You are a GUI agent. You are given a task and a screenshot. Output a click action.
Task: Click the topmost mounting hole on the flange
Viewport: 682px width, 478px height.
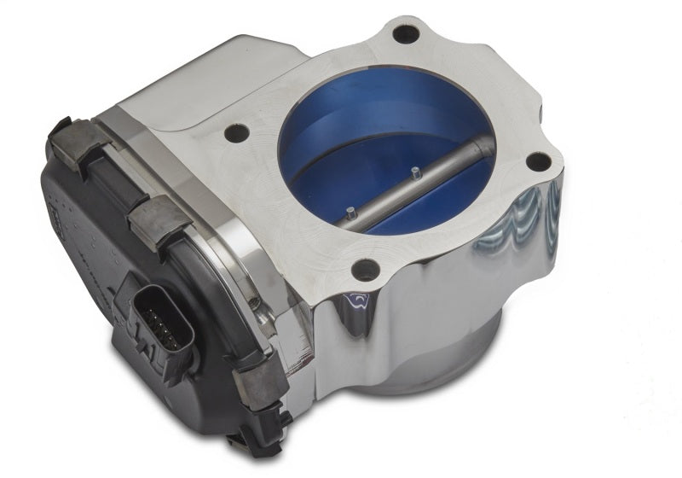[x=405, y=35]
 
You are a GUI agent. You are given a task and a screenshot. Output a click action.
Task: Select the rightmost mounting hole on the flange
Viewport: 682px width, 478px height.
[x=537, y=162]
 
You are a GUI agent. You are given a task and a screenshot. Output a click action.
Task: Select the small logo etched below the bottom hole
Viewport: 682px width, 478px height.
[x=358, y=301]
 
